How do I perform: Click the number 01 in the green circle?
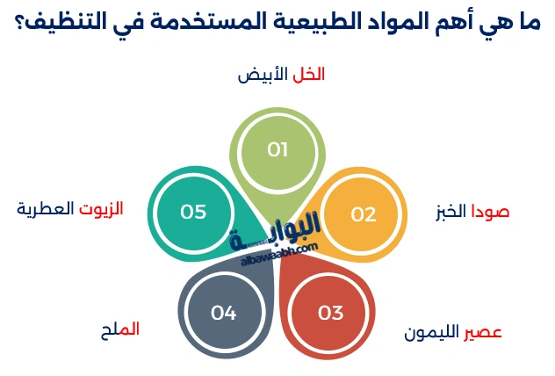coord(277,149)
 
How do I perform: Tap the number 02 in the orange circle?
coord(363,213)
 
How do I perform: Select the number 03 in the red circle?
coord(330,312)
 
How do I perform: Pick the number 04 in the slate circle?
coord(224,312)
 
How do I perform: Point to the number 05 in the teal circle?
coord(193,212)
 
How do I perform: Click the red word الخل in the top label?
coord(307,75)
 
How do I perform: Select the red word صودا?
coord(490,212)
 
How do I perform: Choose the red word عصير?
coord(483,333)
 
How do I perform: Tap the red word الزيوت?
coord(101,208)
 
